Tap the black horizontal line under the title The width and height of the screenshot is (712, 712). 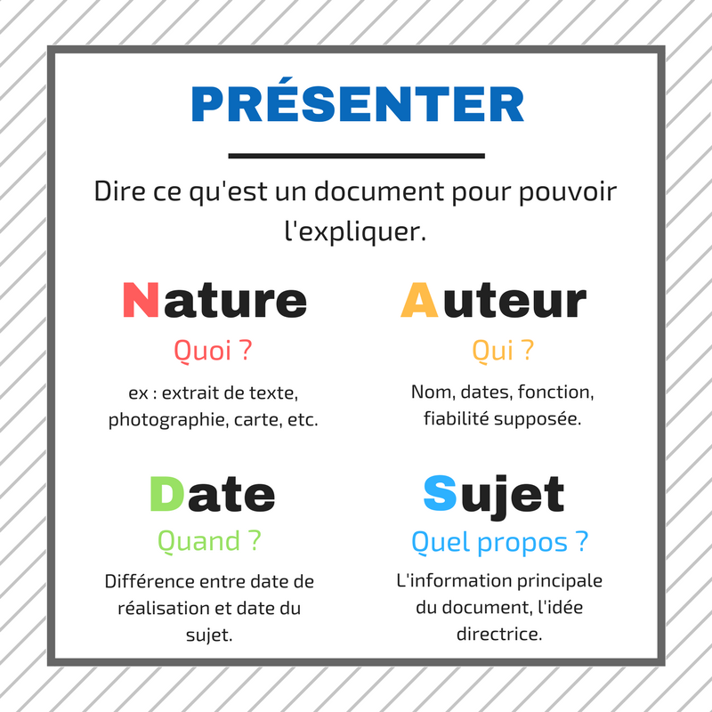tap(357, 156)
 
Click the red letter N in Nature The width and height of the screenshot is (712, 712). tap(141, 300)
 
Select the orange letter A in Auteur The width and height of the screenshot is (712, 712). tap(419, 300)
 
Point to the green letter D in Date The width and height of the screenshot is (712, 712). tap(166, 494)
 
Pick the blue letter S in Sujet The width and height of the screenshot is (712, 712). tap(440, 494)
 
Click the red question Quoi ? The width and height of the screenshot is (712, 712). tap(213, 350)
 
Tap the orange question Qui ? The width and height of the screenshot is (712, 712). tap(503, 350)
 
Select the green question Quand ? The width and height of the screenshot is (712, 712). tap(209, 541)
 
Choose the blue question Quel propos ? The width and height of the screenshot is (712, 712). tap(499, 542)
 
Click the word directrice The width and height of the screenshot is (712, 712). tap(499, 634)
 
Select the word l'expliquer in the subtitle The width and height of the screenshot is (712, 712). tap(355, 231)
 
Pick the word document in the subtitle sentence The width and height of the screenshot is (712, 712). tap(379, 191)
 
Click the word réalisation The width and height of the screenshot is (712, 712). tap(159, 608)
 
